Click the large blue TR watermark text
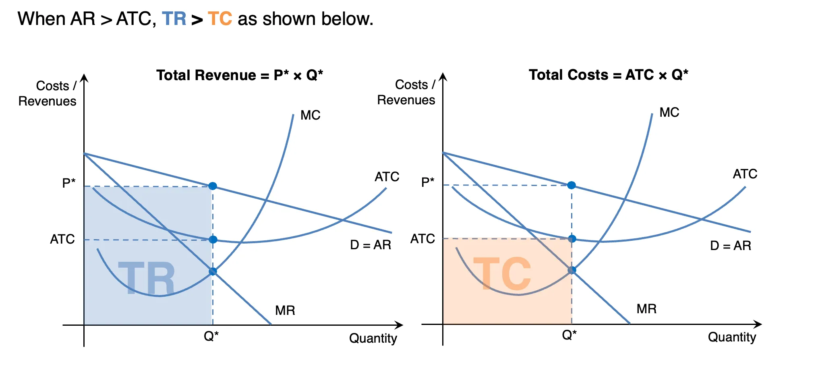[147, 278]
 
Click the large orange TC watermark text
[502, 274]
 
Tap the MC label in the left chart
[311, 115]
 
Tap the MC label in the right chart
[669, 112]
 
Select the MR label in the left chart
[285, 310]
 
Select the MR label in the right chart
[646, 309]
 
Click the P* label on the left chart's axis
[69, 183]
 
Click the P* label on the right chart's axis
[428, 182]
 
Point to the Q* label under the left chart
[211, 336]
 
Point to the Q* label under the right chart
[569, 335]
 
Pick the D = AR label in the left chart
[371, 245]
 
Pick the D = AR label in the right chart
[731, 246]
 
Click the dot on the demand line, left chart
[213, 186]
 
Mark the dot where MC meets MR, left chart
[213, 271]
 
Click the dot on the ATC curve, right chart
[572, 239]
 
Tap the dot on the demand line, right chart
[572, 185]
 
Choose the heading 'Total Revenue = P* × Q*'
[240, 75]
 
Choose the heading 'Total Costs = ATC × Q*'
[609, 75]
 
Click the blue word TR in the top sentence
[174, 19]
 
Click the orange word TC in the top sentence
[220, 19]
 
